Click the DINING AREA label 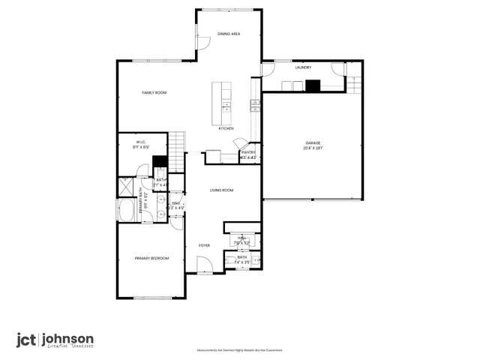[x=229, y=34]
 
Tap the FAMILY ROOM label [x=154, y=92]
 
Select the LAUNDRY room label [x=303, y=67]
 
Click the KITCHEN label [x=226, y=128]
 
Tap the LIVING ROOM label [x=221, y=190]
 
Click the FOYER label [x=204, y=245]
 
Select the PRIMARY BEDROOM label [x=151, y=258]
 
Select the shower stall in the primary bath [x=125, y=187]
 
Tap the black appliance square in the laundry [x=312, y=85]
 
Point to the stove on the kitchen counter [x=255, y=105]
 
